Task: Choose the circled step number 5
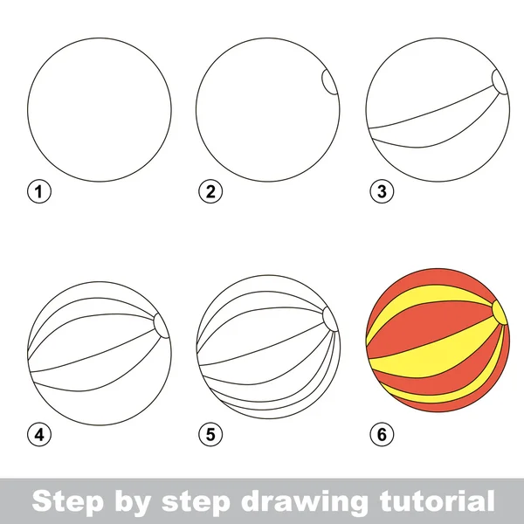[x=207, y=432]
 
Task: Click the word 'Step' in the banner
[x=64, y=501]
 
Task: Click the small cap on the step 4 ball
[x=161, y=324]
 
